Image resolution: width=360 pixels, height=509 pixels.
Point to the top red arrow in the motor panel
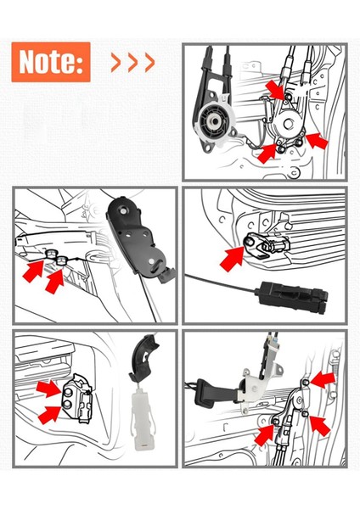point(278,87)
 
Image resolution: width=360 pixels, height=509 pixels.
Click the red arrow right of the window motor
point(313,141)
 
